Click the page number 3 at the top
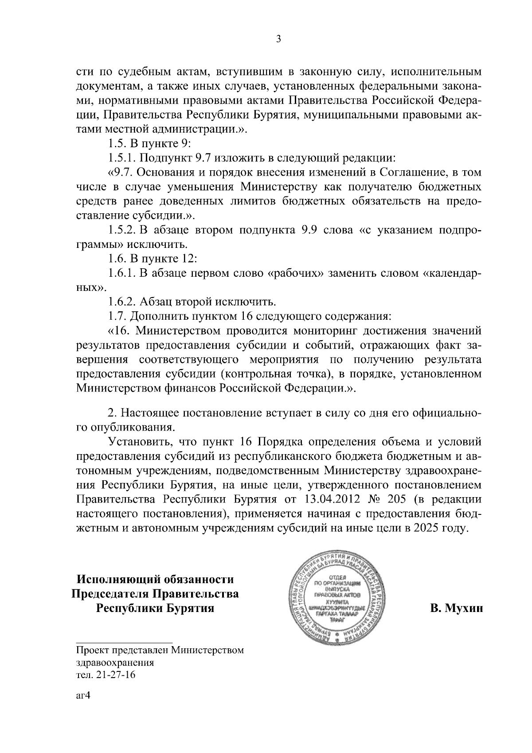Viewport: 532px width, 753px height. [x=278, y=39]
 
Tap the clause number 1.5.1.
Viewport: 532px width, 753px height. [x=122, y=158]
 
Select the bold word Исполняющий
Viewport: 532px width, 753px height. [x=117, y=580]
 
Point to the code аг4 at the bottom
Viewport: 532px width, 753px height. [x=83, y=695]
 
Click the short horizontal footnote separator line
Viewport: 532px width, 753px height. [x=124, y=642]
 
